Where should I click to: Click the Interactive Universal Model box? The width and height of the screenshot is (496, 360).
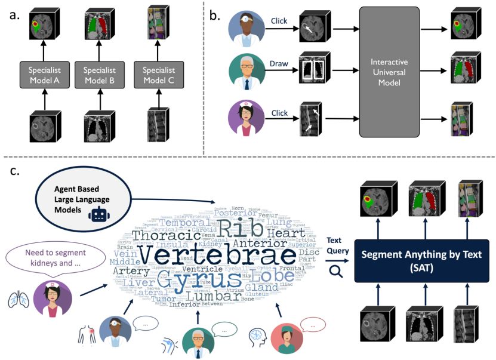(389, 72)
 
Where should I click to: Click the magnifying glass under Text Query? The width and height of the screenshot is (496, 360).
(336, 271)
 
